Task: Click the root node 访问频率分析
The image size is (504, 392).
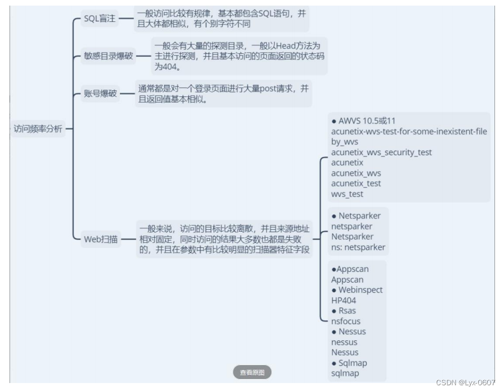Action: click(38, 129)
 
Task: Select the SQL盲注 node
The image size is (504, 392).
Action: click(99, 19)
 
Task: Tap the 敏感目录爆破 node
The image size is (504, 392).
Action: click(108, 56)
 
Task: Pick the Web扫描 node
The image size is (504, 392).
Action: click(101, 239)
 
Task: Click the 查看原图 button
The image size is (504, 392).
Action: click(252, 372)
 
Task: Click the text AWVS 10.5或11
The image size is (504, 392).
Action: click(367, 121)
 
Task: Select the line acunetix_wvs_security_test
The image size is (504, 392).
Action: click(381, 153)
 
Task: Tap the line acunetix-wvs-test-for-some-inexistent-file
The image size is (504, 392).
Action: click(409, 132)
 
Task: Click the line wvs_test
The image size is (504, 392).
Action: click(347, 194)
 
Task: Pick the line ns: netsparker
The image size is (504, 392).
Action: click(358, 247)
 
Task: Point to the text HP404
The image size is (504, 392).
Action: click(343, 301)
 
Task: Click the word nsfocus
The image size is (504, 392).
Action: click(346, 321)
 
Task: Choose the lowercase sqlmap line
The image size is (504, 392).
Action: click(345, 373)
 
